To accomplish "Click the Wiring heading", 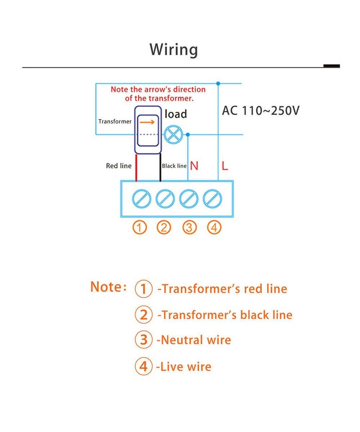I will pos(174,49).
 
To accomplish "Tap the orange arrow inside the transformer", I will pos(147,122).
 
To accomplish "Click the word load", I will pos(176,114).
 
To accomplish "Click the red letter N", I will pos(194,166).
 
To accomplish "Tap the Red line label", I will pos(119,166).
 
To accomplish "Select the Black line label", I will pos(174,166).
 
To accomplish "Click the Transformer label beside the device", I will pos(115,122).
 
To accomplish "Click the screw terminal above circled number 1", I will pos(141,199).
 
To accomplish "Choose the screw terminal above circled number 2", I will pos(165,199).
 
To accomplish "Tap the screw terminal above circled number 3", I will pos(189,199).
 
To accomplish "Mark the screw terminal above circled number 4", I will pos(212,199).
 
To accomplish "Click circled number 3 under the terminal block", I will pos(190,228).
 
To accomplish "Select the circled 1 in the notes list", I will pos(144,289).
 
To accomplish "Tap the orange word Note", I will pos(107,287).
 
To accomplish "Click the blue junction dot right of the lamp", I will pos(188,135).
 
